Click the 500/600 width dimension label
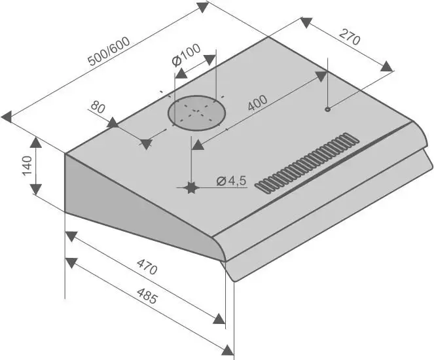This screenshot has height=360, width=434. [x=108, y=51]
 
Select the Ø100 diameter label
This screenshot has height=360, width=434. [x=186, y=58]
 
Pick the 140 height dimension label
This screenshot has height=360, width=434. [x=26, y=166]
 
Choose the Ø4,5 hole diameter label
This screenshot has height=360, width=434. [x=230, y=181]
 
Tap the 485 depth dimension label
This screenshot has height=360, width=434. [x=147, y=298]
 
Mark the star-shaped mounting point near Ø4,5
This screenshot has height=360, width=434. [x=191, y=189]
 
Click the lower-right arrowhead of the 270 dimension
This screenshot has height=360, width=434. [x=387, y=65]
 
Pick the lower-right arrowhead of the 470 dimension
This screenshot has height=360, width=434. [x=219, y=319]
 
